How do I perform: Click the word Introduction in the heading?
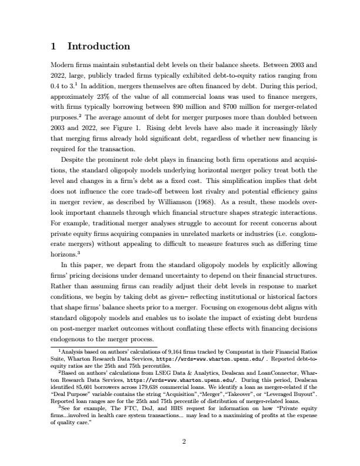(99, 46)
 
